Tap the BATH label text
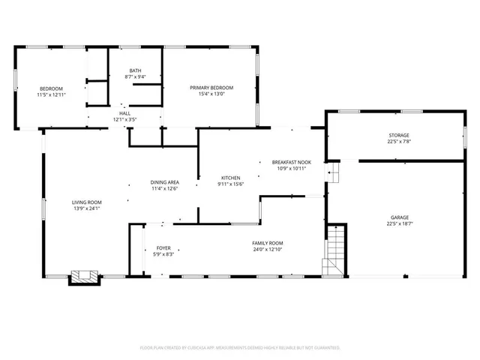click(135, 71)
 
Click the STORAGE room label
click(398, 135)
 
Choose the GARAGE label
click(398, 217)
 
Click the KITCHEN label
click(229, 178)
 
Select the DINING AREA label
click(164, 182)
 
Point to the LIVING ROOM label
click(86, 202)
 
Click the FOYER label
click(163, 248)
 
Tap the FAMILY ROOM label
click(267, 243)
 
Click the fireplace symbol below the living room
click(84, 277)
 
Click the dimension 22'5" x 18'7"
click(398, 223)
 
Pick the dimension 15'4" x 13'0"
click(211, 94)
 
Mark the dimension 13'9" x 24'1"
click(86, 208)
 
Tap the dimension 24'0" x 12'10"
click(267, 249)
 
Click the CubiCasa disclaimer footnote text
click(240, 347)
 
